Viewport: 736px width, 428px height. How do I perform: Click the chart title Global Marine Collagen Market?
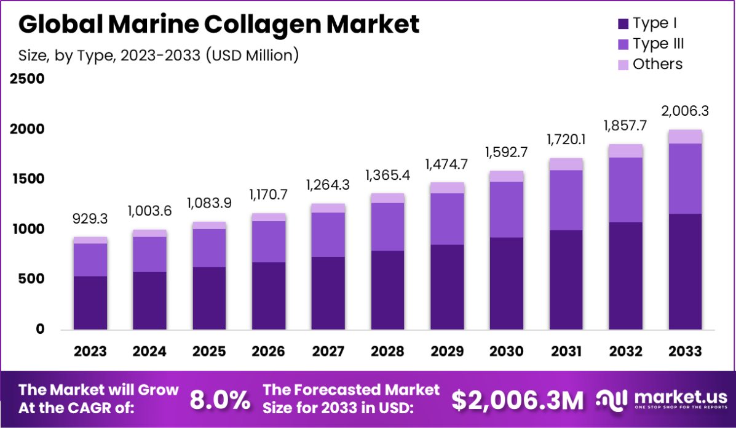coord(219,25)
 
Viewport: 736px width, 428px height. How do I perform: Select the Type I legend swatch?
coord(623,24)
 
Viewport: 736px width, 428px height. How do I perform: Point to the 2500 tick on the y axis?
coord(27,79)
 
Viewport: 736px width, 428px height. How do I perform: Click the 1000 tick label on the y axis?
coord(27,229)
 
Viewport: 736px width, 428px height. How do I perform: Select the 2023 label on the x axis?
coord(90,351)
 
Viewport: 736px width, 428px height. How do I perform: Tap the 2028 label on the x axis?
coord(387,351)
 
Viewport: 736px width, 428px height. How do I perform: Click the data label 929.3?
coord(90,219)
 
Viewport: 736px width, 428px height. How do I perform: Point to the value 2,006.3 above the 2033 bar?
coord(685,111)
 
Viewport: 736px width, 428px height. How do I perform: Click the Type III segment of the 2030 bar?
coord(507,209)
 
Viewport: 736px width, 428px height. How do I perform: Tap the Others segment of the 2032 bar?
coord(625,151)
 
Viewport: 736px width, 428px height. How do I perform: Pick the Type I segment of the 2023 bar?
coord(90,302)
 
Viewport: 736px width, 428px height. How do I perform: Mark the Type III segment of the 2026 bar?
coord(268,241)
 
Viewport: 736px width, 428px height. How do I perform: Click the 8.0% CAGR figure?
coord(220,400)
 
